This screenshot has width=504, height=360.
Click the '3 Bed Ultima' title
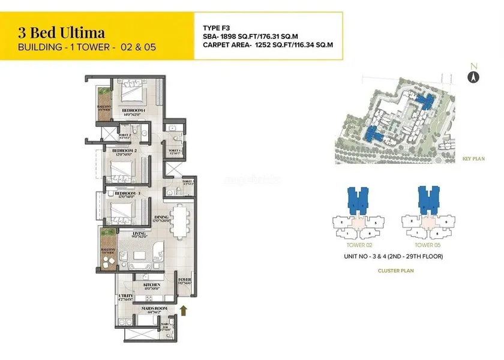[x=62, y=32]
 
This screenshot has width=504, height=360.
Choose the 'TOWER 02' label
[x=359, y=245]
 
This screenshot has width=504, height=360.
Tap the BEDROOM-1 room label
[x=134, y=111]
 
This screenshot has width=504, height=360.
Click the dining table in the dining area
[x=180, y=221]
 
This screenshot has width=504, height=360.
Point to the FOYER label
[x=185, y=280]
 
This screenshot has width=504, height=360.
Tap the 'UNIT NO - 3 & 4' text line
[x=393, y=257]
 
